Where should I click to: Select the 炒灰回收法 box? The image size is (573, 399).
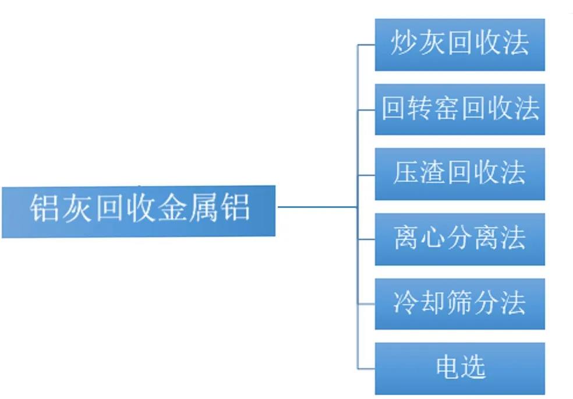coord(459,45)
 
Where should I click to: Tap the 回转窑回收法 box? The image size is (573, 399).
coord(459,110)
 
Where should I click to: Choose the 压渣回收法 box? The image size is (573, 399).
coord(459,174)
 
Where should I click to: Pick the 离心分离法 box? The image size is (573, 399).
coord(459,239)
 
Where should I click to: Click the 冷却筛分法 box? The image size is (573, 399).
coord(459,303)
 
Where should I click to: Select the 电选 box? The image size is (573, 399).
coord(459,368)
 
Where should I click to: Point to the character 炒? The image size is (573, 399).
coord(402,45)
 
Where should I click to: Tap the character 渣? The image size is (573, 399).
coord(431,174)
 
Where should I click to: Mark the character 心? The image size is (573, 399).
coord(431,239)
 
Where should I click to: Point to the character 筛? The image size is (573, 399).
coord(459,303)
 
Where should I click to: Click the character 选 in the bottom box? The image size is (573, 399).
coord(473,368)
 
